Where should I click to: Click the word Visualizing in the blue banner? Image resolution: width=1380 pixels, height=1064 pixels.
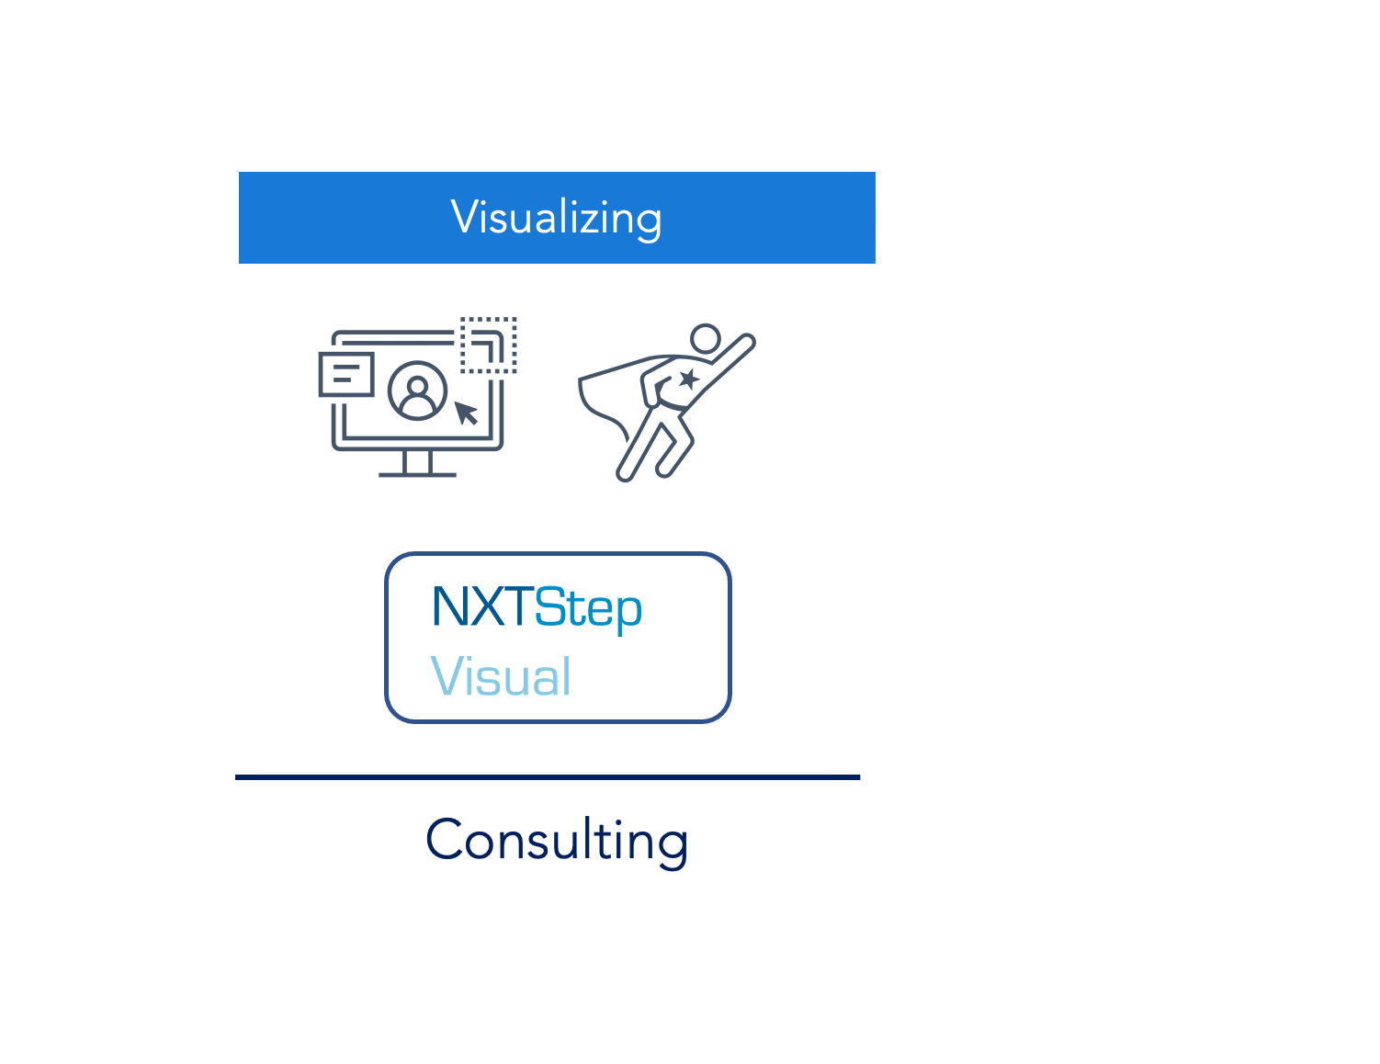(x=556, y=219)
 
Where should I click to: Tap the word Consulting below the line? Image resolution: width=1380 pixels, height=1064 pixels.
(x=557, y=841)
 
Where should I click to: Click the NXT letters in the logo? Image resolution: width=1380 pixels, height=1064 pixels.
(x=482, y=607)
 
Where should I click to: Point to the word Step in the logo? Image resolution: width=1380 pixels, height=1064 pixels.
(x=589, y=610)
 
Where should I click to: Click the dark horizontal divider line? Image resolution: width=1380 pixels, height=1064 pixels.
(x=548, y=777)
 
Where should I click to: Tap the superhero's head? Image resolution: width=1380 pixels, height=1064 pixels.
(x=706, y=338)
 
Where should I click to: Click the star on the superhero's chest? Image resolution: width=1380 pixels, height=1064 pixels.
(x=688, y=379)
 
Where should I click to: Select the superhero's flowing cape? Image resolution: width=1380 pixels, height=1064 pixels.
(x=610, y=393)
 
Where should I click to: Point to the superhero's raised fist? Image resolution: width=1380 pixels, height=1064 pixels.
(x=747, y=342)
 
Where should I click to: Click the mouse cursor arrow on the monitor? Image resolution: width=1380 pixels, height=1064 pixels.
(x=466, y=413)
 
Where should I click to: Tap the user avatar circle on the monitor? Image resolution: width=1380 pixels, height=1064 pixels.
(x=417, y=391)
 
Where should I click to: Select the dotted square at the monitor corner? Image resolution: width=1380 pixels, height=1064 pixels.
(x=489, y=345)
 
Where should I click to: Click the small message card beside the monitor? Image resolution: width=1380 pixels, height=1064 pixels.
(x=346, y=374)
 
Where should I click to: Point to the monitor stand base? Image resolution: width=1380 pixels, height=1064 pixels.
(x=417, y=474)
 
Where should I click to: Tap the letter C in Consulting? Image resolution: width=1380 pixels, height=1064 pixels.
(x=443, y=839)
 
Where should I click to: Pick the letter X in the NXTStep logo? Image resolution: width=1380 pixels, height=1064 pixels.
(x=489, y=607)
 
